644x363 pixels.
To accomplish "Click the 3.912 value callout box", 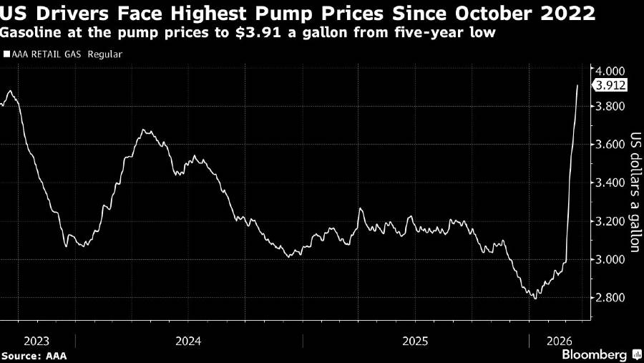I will coord(610,86).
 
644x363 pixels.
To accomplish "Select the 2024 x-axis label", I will coord(187,339).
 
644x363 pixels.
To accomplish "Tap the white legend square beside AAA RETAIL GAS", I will coord(6,54).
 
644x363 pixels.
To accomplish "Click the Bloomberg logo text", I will coord(594,354).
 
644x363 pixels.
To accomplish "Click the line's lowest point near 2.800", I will coord(535,297).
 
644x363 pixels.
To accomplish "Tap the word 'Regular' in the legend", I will coord(105,54).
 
